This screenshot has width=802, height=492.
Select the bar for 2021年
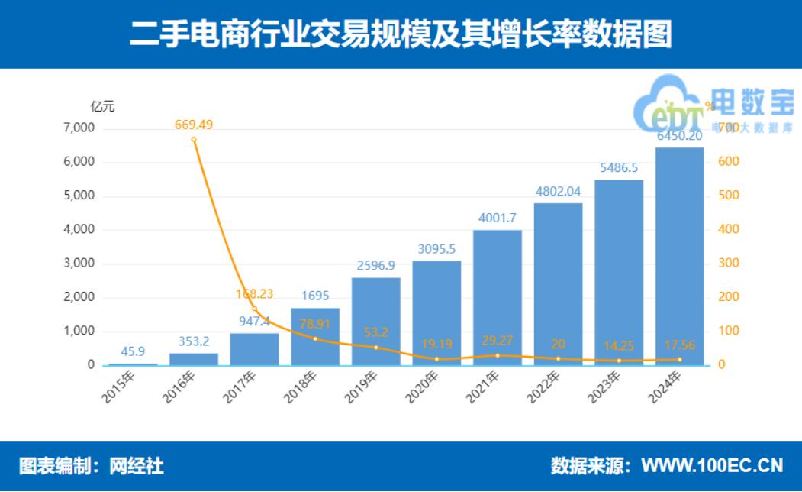tap(497, 297)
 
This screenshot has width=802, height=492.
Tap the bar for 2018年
tap(315, 336)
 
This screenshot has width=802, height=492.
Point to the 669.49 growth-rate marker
tap(194, 140)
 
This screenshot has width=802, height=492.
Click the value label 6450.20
tap(679, 135)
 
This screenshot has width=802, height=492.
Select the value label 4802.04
tap(558, 191)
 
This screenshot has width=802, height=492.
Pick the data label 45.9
tap(133, 351)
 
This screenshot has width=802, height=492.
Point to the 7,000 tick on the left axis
tap(79, 128)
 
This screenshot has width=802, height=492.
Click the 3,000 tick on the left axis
tap(79, 264)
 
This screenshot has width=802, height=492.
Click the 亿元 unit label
tap(103, 107)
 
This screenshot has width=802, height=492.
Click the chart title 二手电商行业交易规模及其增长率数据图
tap(401, 34)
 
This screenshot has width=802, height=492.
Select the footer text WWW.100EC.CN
tap(712, 465)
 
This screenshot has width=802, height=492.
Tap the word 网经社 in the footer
tap(137, 465)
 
